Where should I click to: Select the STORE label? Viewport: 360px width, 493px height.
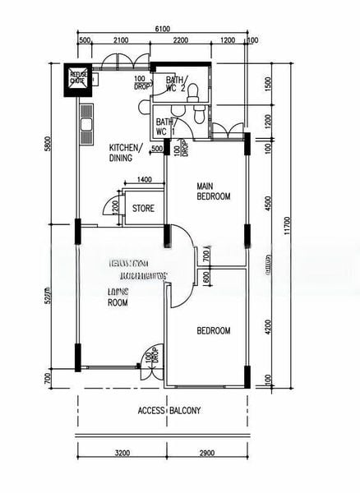(143, 209)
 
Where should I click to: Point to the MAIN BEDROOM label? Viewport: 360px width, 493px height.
(213, 191)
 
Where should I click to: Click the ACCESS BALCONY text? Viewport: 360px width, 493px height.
(169, 411)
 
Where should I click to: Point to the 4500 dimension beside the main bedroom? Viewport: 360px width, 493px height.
(268, 201)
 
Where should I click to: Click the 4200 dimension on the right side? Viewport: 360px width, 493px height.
(268, 327)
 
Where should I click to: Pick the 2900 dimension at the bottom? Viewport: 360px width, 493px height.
(206, 453)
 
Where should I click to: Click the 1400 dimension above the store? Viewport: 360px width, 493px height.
(144, 179)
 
